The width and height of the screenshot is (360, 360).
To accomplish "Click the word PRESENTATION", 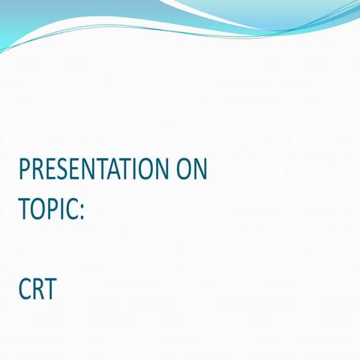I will click(94, 171).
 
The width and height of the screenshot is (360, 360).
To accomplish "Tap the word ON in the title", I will click(191, 171).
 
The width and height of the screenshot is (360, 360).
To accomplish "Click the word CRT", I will click(37, 289).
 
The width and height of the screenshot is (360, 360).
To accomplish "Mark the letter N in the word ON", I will click(200, 171).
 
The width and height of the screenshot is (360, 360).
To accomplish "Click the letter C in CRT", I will click(25, 289).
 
